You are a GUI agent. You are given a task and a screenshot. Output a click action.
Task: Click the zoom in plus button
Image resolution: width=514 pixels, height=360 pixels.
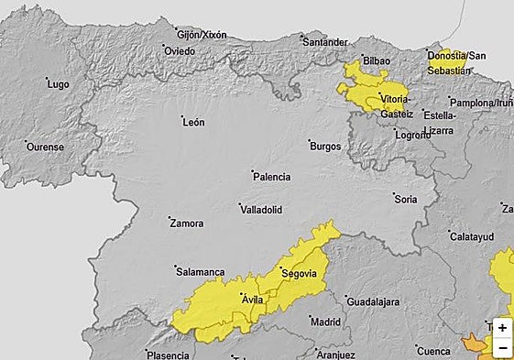pyautogui.click(x=502, y=328)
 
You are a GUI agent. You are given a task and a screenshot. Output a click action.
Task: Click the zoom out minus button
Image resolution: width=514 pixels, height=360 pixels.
pyautogui.click(x=502, y=348)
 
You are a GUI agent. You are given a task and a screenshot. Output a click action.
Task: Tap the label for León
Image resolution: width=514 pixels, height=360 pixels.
pyautogui.click(x=193, y=122)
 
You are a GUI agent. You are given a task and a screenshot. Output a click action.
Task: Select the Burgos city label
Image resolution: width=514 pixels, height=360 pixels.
pyautogui.click(x=325, y=147)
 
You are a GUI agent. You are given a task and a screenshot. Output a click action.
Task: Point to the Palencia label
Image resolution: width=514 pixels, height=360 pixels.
pyautogui.click(x=272, y=177)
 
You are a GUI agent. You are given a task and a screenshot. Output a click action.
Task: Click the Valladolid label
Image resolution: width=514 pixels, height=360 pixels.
pyautogui.click(x=261, y=210)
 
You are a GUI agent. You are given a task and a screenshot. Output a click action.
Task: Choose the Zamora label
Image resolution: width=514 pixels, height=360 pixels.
pyautogui.click(x=187, y=224)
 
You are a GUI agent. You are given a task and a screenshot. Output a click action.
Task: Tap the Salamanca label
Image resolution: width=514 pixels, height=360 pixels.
pyautogui.click(x=200, y=272)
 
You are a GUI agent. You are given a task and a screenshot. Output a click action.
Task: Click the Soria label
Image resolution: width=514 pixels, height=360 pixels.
pyautogui.click(x=405, y=199)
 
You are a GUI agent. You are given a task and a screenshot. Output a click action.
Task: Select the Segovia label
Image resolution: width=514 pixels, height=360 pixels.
pyautogui.click(x=298, y=273)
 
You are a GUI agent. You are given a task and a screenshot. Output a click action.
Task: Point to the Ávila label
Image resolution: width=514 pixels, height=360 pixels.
pyautogui.click(x=251, y=300)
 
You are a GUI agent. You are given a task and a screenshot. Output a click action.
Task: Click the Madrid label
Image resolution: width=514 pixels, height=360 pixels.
pyautogui.click(x=325, y=322)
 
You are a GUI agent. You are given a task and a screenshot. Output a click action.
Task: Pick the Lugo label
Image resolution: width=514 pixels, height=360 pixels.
pyautogui.click(x=58, y=84)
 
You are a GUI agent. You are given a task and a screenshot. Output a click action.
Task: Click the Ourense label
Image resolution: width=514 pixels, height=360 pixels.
pyautogui.click(x=45, y=147)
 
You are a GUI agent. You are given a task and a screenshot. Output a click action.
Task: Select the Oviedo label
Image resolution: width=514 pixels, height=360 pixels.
pyautogui.click(x=179, y=51)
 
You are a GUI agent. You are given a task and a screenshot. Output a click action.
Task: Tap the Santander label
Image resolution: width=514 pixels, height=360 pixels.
pyautogui.click(x=327, y=42)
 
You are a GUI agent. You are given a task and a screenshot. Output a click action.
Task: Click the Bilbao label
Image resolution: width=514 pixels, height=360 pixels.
pyautogui.click(x=377, y=60)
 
